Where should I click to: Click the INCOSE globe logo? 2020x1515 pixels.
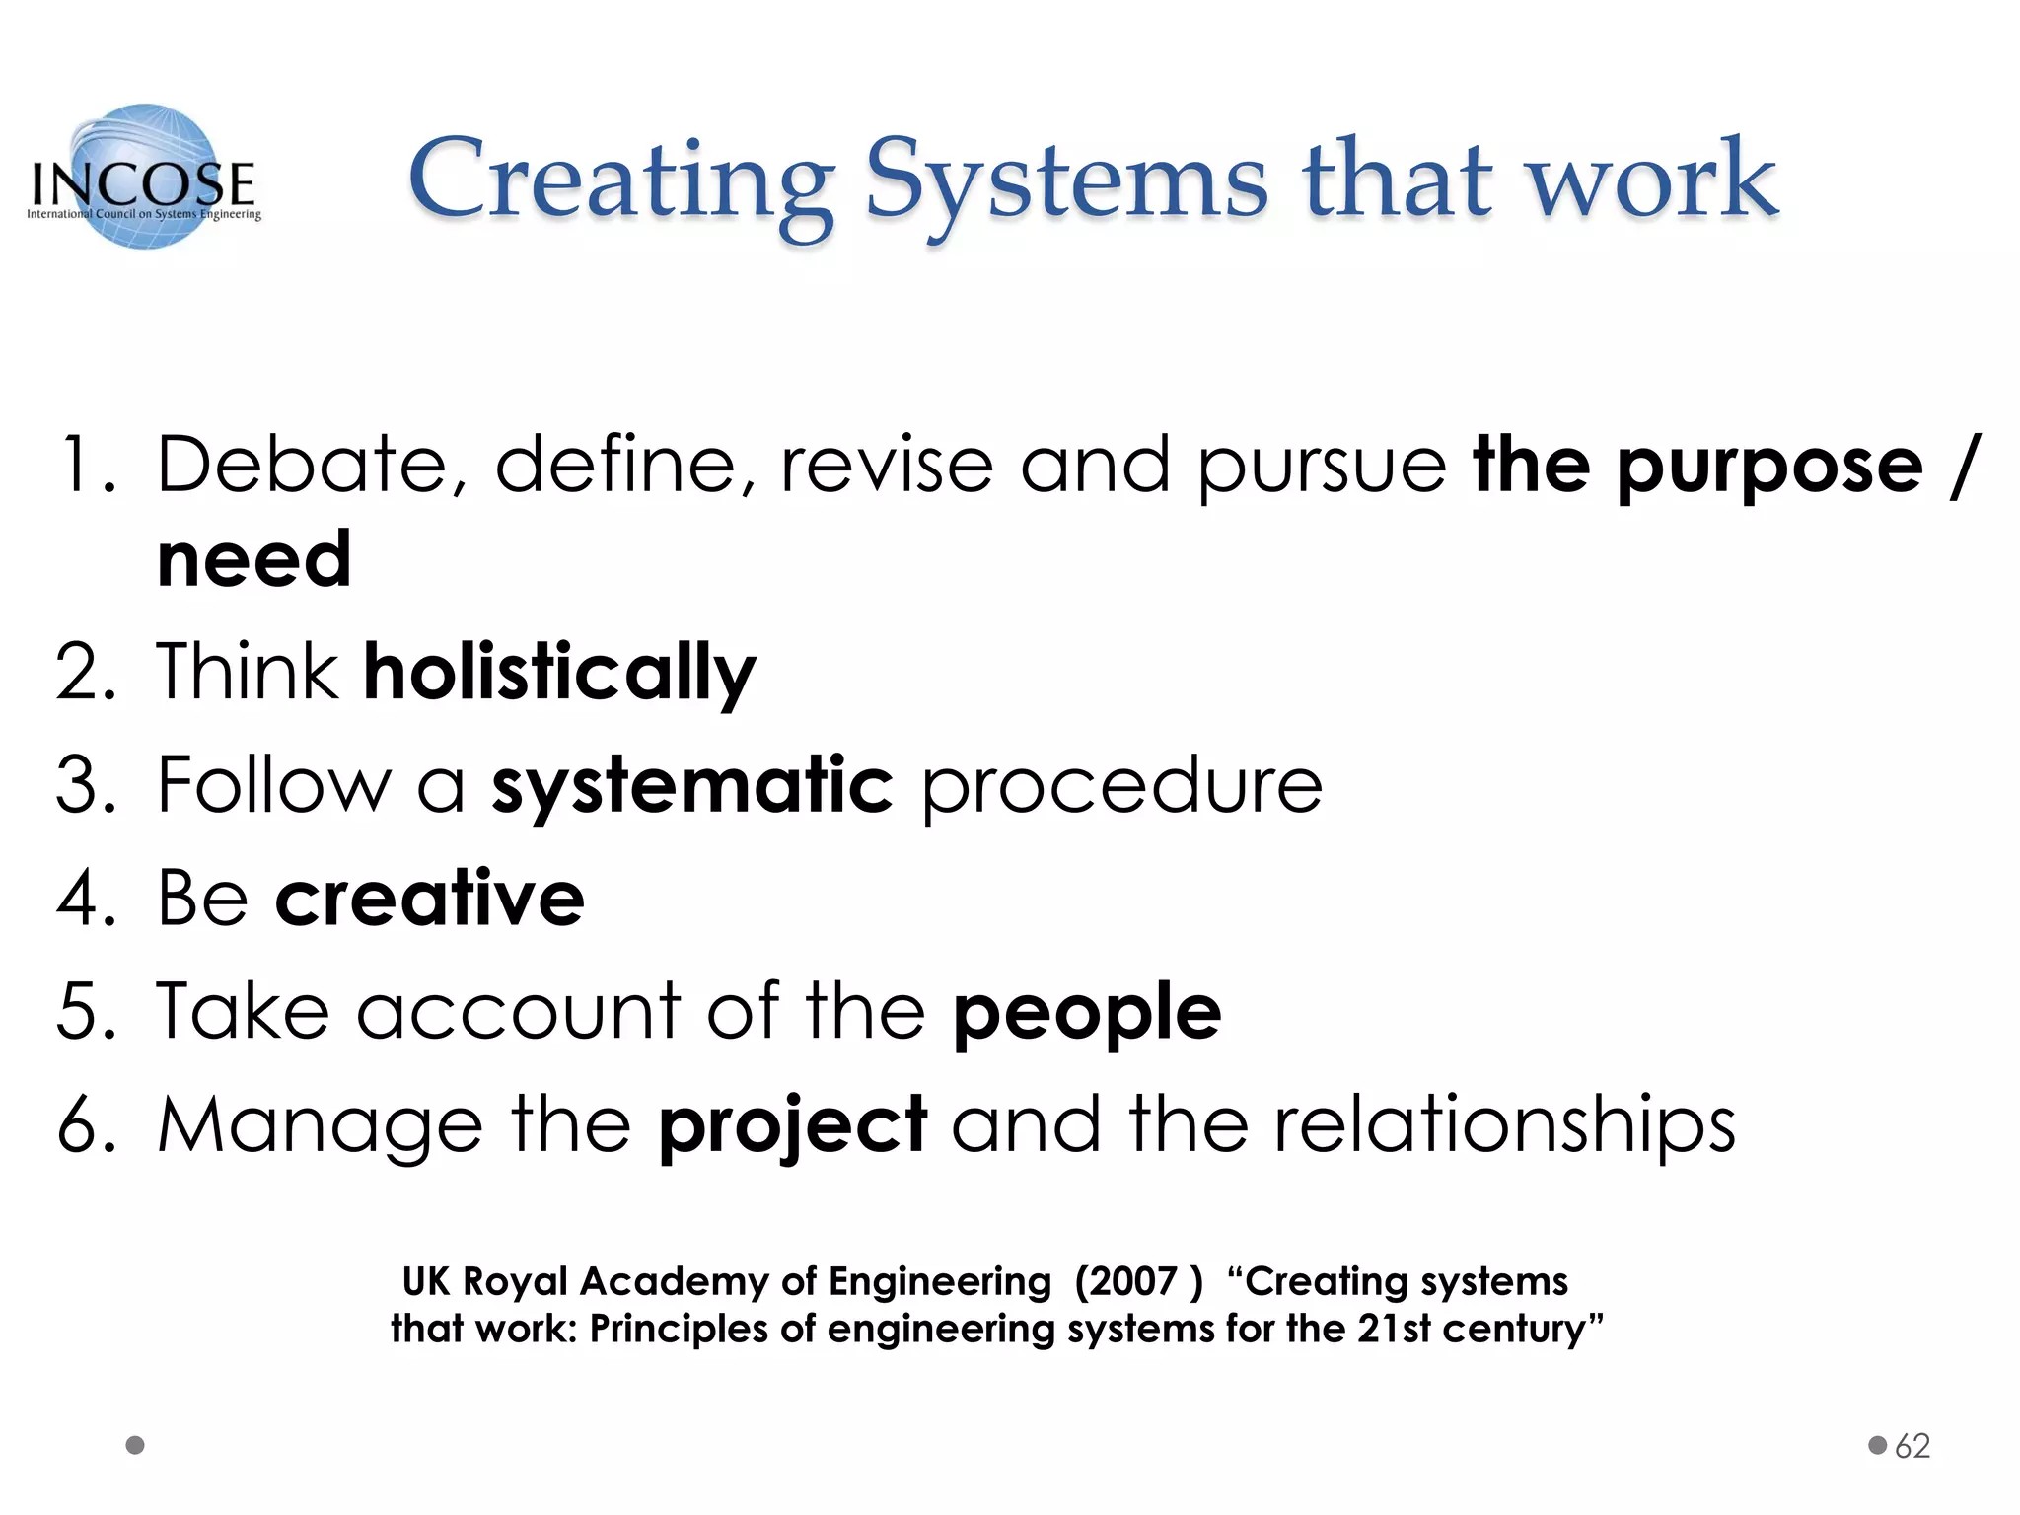pos(144,178)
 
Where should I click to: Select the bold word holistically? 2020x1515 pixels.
pos(559,673)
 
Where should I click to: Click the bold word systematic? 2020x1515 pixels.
pos(692,786)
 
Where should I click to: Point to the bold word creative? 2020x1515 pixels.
pos(430,899)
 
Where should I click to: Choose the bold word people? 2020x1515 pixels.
pos(1087,1014)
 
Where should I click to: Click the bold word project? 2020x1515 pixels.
pos(793,1126)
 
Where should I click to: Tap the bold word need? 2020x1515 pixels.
pos(254,559)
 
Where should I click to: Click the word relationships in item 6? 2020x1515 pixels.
pos(1504,1126)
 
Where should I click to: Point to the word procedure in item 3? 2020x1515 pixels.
pos(1121,786)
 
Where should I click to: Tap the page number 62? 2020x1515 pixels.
pos(1912,1446)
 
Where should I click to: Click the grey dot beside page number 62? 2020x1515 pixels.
pos(1877,1445)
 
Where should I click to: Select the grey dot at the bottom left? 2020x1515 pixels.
pos(136,1445)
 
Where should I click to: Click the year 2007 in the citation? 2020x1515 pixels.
pos(1125,1282)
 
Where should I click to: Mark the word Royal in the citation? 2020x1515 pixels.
pos(515,1282)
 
